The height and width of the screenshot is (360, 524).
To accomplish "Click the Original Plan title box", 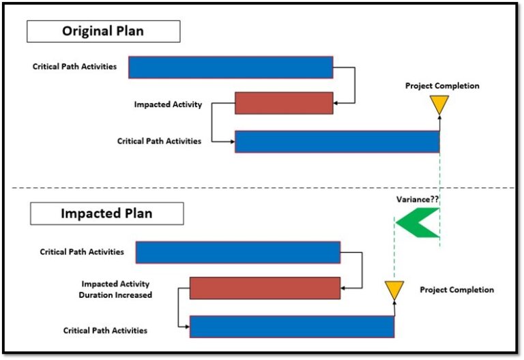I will pos(103,31).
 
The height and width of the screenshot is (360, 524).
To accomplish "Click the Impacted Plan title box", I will pos(106,213).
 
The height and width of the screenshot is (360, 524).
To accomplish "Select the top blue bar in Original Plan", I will pos(231,67).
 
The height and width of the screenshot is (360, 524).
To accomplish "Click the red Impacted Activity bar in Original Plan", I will pos(284,103).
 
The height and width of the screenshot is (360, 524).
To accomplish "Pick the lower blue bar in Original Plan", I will pos(337,141).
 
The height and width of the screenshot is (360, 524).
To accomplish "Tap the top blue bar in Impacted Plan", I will pos(237,252).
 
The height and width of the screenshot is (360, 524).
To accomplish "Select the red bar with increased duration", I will pos(265,288).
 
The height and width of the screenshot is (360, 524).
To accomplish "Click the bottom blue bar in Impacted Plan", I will pos(291,327).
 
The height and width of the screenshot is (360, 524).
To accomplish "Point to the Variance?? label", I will pos(418,200).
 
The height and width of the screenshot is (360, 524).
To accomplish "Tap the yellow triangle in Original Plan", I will pos(439,104).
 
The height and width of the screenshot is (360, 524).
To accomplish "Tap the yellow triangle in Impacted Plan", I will pos(394,290).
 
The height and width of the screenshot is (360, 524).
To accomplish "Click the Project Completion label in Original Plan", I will pos(442,86).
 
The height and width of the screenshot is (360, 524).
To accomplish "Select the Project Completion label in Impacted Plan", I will pos(456,290).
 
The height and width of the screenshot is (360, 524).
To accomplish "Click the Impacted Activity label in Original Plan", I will pos(168,104).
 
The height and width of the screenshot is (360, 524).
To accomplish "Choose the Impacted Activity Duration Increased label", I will pos(117,289).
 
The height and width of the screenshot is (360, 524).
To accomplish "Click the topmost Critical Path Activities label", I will pos(74,67).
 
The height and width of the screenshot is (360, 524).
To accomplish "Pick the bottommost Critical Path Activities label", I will pos(105,330).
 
